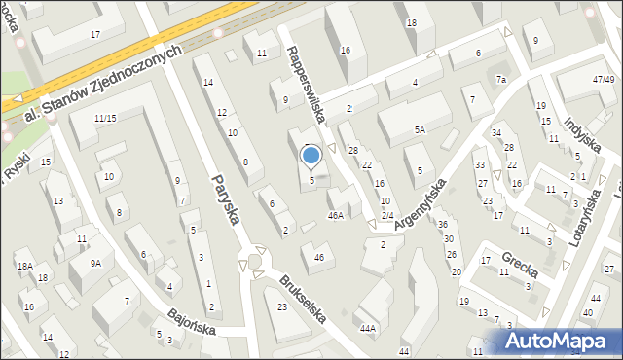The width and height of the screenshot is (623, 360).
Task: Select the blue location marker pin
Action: pyautogui.click(x=311, y=156)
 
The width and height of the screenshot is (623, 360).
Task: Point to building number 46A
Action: pyautogui.click(x=336, y=216)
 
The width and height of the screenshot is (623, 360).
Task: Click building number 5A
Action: pyautogui.click(x=419, y=129)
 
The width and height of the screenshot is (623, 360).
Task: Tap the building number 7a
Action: pyautogui.click(x=501, y=79)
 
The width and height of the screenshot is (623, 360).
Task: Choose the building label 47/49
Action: pyautogui.click(x=604, y=79)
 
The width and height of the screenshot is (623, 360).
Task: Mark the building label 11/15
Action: pyautogui.click(x=105, y=119)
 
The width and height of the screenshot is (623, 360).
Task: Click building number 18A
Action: pyautogui.click(x=24, y=265)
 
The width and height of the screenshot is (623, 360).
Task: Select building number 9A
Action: pyautogui.click(x=95, y=263)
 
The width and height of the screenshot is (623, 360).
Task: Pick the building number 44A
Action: pyautogui.click(x=367, y=329)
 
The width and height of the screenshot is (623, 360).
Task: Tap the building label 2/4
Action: pyautogui.click(x=386, y=215)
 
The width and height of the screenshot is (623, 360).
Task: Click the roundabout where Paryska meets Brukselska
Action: pyautogui.click(x=255, y=261)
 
